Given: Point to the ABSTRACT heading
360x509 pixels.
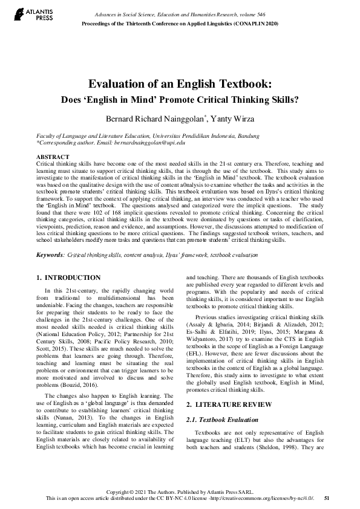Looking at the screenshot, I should (x=53, y=157).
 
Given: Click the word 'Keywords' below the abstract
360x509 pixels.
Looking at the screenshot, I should (x=50, y=255).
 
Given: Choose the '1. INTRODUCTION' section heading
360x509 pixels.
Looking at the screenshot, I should (x=69, y=278).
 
